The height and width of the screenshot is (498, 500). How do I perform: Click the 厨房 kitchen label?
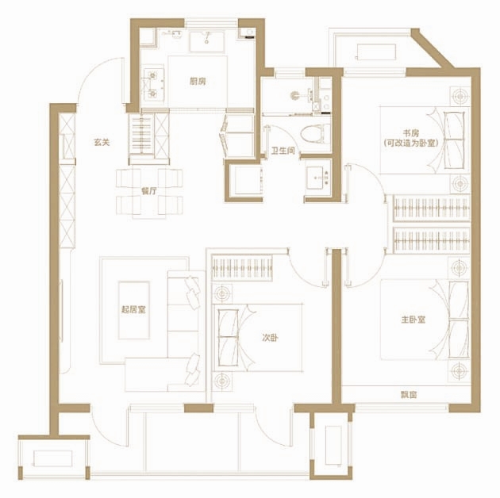point(198,82)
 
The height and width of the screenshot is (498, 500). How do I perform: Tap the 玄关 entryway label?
point(102,142)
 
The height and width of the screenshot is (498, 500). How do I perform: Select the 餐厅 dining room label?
point(149,191)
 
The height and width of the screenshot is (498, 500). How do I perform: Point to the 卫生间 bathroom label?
point(283,151)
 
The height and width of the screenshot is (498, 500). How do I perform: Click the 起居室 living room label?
point(133,309)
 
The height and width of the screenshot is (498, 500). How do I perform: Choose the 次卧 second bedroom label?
point(270,338)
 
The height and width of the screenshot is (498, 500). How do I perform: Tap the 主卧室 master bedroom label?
point(413,320)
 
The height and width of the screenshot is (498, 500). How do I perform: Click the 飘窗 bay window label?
point(409,395)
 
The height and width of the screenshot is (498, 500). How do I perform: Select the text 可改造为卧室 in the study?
point(411,143)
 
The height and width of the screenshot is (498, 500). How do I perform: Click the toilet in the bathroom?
point(315,134)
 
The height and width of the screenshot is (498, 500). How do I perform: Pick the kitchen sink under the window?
point(207,41)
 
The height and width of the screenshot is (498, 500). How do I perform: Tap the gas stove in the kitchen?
point(153,84)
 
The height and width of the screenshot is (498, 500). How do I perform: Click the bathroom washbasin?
point(318,178)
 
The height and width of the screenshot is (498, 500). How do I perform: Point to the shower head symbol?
point(295,95)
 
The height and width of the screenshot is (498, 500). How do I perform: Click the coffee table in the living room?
point(134,310)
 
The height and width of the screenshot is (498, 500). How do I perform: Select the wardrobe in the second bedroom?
point(242,268)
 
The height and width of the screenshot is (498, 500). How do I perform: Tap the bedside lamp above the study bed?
point(460,96)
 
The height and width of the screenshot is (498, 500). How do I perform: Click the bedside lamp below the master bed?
point(459,371)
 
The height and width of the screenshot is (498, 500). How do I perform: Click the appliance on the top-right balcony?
point(376,52)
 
